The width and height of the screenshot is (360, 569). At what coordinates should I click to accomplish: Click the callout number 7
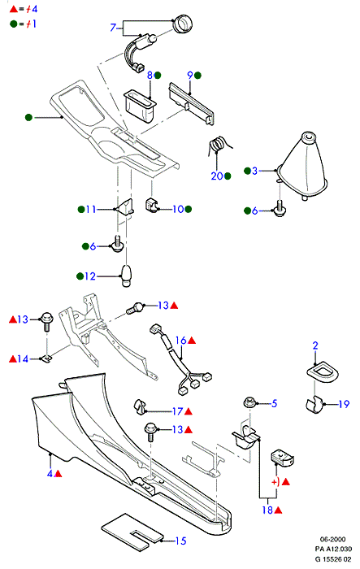(x=113, y=27)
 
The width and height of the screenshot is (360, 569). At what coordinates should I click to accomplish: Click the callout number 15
(x=180, y=541)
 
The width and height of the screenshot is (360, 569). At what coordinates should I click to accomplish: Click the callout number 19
(x=344, y=404)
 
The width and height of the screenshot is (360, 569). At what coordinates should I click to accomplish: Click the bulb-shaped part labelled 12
(x=126, y=276)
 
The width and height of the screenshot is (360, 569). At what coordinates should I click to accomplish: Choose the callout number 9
(x=190, y=75)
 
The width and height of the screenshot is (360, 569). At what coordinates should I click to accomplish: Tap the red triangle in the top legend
(x=14, y=9)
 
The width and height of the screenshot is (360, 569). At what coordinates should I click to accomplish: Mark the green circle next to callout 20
(x=228, y=176)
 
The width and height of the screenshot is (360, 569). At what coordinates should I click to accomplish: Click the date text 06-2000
(x=332, y=539)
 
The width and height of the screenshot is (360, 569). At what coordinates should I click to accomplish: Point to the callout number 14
(x=23, y=359)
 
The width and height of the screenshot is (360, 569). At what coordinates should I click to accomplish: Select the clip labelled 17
(x=139, y=406)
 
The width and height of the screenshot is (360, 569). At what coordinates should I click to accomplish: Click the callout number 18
(x=267, y=510)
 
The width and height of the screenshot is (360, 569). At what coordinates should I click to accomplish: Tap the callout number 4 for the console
(x=50, y=473)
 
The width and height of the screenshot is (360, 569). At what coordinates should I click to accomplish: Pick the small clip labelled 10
(x=153, y=205)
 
